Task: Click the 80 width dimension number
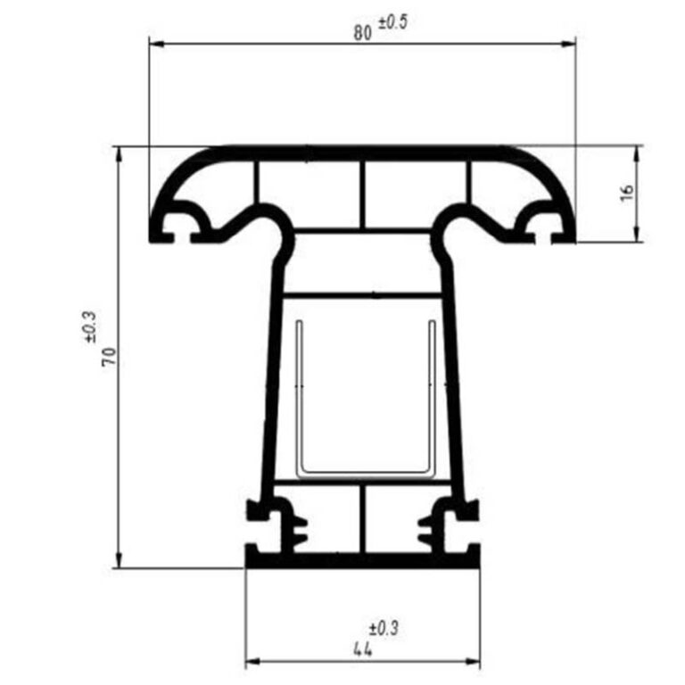tap(363, 33)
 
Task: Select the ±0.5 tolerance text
tap(392, 22)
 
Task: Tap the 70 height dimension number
tap(109, 357)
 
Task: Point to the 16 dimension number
tap(626, 193)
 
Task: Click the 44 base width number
tap(363, 649)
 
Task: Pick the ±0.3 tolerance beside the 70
tap(89, 326)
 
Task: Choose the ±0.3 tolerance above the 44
tap(384, 629)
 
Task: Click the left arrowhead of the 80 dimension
tap(157, 44)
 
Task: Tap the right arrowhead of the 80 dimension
tap(568, 44)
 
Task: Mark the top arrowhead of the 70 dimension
tap(119, 154)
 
